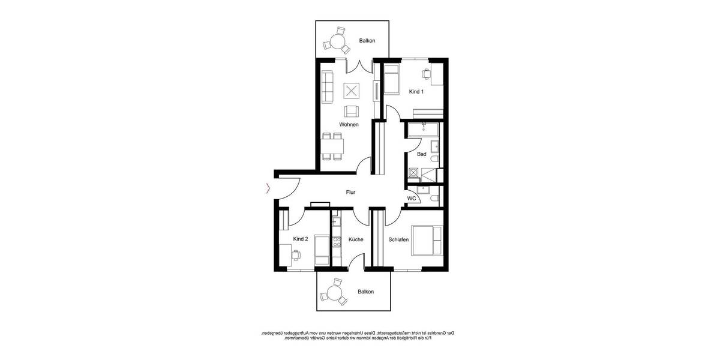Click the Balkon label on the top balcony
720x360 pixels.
click(367, 41)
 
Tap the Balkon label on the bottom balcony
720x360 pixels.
click(365, 292)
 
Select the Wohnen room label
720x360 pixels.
click(349, 125)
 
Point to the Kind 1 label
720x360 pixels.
click(416, 92)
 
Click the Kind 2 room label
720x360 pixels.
click(301, 239)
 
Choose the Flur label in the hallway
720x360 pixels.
click(351, 193)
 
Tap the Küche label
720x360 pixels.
click(355, 239)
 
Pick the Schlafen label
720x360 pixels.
click(398, 239)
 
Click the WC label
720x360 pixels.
click(412, 198)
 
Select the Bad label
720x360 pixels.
click(422, 154)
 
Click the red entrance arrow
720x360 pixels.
click(268, 189)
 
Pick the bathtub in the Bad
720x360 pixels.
click(424, 128)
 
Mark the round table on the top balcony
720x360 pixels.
click(336, 42)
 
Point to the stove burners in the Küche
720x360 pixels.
click(337, 242)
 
